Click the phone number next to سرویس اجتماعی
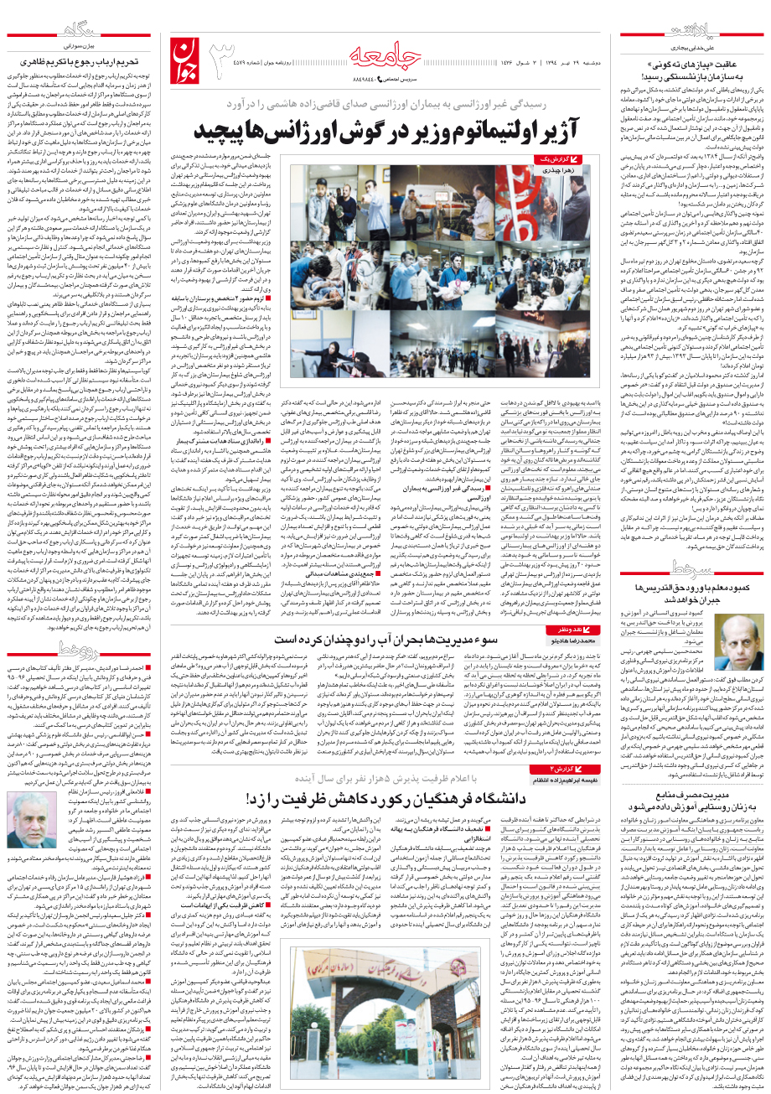[356, 78]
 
